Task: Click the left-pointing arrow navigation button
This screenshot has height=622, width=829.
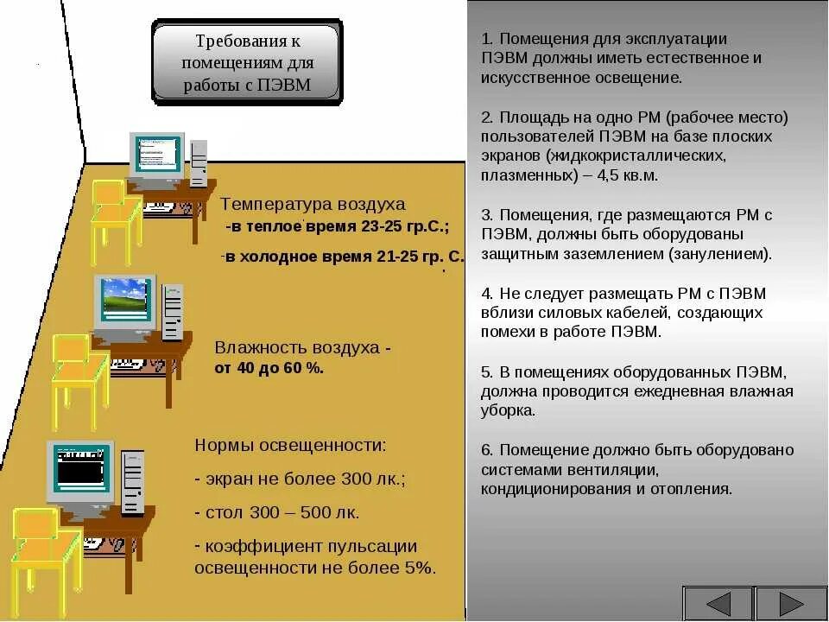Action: point(718,604)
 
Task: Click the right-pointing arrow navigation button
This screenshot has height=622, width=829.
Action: point(791,604)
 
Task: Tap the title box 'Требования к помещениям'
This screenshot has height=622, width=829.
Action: point(247,63)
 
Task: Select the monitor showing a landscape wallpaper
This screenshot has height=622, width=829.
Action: point(125,302)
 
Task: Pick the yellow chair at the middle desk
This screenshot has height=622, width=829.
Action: point(79,377)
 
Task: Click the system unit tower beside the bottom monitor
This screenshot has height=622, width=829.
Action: point(133,481)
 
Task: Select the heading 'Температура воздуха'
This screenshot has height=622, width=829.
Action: point(313,205)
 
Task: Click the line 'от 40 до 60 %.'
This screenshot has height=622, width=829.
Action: point(269,368)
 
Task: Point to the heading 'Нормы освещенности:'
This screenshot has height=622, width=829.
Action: point(290,446)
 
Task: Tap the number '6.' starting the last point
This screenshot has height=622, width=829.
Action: point(487,450)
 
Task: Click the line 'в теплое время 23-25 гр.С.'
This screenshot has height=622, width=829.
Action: point(338,228)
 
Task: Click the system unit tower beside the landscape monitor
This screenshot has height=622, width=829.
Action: point(173,313)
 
